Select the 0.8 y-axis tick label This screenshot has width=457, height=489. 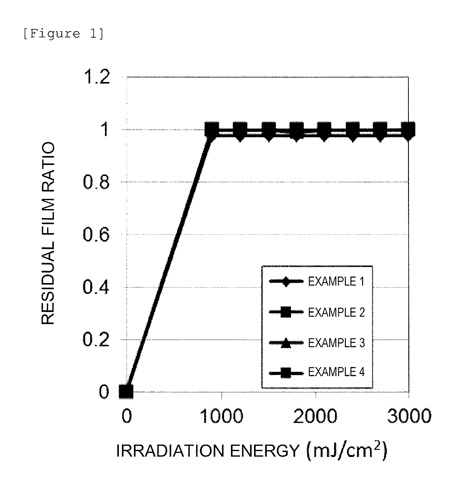(x=96, y=183)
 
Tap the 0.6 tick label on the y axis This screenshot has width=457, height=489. (x=96, y=235)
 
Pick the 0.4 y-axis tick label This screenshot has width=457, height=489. (x=96, y=287)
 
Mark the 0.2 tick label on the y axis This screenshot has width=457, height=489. (x=96, y=340)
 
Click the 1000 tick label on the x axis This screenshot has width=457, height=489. (x=221, y=417)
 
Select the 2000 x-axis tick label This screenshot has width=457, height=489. (x=315, y=417)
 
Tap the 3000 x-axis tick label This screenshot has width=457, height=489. (x=409, y=417)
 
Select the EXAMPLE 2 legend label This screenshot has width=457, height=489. (x=336, y=312)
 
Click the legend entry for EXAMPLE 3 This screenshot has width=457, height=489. (x=336, y=343)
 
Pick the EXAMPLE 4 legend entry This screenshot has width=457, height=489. (x=336, y=372)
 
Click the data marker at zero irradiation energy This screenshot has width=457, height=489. (x=126, y=392)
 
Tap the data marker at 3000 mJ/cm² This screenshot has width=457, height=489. (x=408, y=129)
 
